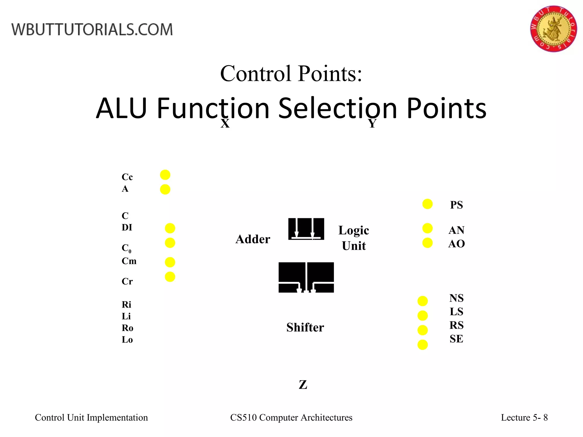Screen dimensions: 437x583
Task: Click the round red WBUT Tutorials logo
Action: (x=553, y=29)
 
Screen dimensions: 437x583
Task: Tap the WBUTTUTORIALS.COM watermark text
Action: (x=92, y=30)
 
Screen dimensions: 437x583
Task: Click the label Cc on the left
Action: (x=127, y=177)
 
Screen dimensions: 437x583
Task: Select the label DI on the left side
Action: (x=127, y=227)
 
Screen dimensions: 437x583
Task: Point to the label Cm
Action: (x=129, y=261)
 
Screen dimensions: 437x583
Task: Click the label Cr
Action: (x=127, y=281)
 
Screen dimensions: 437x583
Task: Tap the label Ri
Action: (x=126, y=304)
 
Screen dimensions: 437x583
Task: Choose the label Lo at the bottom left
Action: (x=127, y=339)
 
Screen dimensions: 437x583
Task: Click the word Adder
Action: (x=253, y=239)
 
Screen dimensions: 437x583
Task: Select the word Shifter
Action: (x=305, y=327)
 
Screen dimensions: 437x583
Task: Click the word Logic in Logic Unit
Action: (x=354, y=230)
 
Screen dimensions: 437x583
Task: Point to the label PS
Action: (x=456, y=205)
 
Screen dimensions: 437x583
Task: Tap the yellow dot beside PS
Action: (x=427, y=204)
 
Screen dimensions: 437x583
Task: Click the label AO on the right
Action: (x=456, y=244)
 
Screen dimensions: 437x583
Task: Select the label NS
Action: (x=456, y=298)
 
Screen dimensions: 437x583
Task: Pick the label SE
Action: (x=456, y=339)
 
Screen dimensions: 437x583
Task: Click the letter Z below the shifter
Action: (x=303, y=385)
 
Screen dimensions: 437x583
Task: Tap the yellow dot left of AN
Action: (x=427, y=228)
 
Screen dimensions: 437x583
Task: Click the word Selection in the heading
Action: (x=337, y=108)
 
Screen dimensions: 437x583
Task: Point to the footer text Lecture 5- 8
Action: (x=524, y=417)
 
